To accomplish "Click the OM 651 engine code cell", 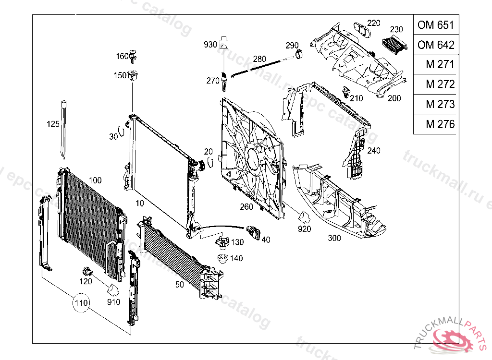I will [435, 25].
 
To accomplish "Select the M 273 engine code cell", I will [435, 104].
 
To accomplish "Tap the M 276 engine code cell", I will [435, 124].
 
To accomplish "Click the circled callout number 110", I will [81, 303].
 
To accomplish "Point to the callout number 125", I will [53, 124].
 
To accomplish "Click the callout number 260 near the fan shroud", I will [246, 207].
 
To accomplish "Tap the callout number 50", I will [179, 285].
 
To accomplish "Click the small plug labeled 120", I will [87, 270].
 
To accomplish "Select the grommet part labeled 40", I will [253, 233].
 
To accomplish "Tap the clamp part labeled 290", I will [299, 54].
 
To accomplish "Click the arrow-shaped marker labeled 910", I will [114, 289].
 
